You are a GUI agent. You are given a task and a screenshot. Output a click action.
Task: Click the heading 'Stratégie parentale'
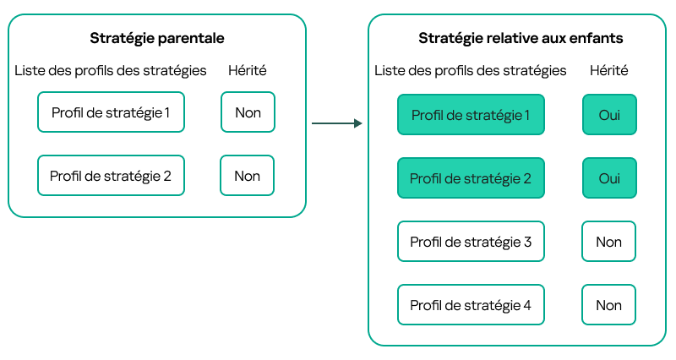[x=156, y=39]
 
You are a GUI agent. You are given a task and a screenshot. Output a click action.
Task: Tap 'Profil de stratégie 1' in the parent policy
[x=111, y=112]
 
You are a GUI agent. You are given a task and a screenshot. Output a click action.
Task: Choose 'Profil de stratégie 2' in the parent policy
[x=111, y=176]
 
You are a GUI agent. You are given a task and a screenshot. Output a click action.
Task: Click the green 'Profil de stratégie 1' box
[x=471, y=115]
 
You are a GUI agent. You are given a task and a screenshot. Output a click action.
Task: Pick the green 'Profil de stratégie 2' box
[x=471, y=178]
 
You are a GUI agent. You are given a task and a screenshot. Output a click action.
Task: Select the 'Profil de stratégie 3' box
[x=471, y=242]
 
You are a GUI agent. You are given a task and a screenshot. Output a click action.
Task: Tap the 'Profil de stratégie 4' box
[x=471, y=305]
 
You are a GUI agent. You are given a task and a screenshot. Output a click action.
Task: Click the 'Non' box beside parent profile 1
[x=248, y=112]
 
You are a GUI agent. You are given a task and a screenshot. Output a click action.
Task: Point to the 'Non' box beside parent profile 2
[x=247, y=176]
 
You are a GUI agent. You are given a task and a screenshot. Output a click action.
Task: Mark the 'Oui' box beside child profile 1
[x=608, y=115]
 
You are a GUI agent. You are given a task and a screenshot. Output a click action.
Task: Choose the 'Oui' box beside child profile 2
[x=608, y=178]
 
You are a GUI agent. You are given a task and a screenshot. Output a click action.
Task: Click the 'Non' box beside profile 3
[x=608, y=242]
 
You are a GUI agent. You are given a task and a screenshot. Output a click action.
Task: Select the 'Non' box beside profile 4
[x=608, y=305]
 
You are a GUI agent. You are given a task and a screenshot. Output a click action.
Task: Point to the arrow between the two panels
[x=336, y=124]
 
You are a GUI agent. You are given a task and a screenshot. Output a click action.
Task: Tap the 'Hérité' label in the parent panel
[x=248, y=70]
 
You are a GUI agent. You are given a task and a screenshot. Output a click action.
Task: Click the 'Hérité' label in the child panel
[x=608, y=70]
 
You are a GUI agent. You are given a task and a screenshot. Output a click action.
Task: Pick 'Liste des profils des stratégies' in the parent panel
[x=111, y=70]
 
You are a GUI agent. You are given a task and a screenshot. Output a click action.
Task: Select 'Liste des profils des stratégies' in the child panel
[x=471, y=70]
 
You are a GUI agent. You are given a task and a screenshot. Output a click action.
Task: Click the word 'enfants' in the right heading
[x=596, y=39]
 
